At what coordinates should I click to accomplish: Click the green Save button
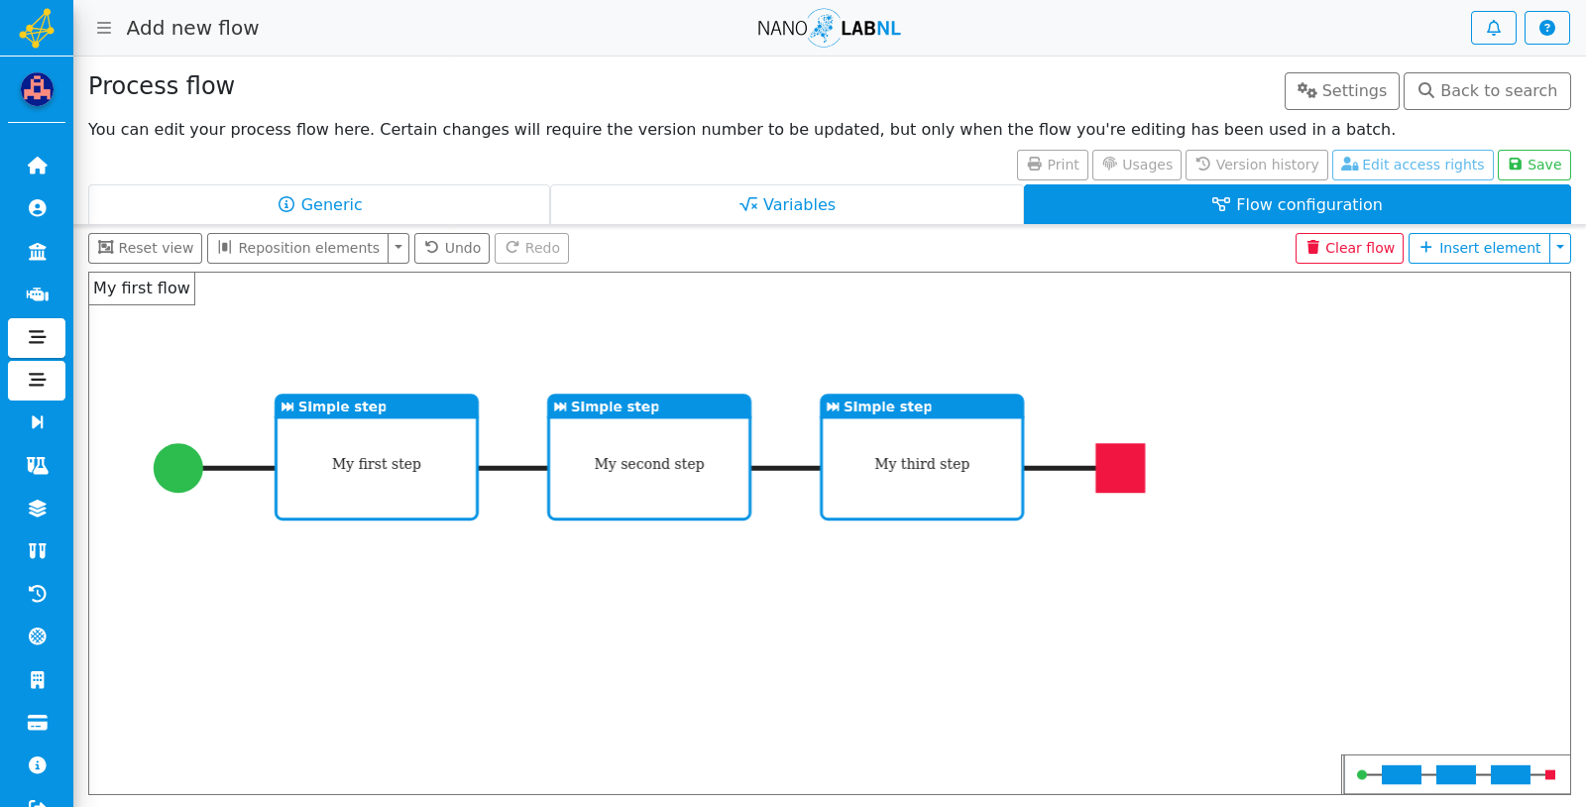click(x=1533, y=165)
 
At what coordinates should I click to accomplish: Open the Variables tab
click(x=787, y=204)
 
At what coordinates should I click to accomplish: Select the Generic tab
click(x=319, y=204)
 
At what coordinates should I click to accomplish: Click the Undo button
click(x=452, y=248)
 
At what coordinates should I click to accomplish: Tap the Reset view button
click(x=145, y=248)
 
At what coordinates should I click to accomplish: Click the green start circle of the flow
click(x=178, y=468)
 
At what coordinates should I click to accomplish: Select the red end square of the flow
click(x=1120, y=468)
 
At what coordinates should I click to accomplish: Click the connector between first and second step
click(x=513, y=468)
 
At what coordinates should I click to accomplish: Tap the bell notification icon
click(x=1493, y=28)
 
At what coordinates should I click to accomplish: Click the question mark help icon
click(x=1547, y=28)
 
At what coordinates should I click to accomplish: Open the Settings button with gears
click(x=1342, y=90)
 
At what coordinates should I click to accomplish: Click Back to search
click(x=1487, y=90)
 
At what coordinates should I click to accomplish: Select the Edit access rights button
click(x=1413, y=165)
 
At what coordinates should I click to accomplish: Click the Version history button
click(x=1257, y=165)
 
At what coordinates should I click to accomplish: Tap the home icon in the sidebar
click(x=37, y=166)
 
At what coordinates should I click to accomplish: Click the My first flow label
click(x=142, y=288)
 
